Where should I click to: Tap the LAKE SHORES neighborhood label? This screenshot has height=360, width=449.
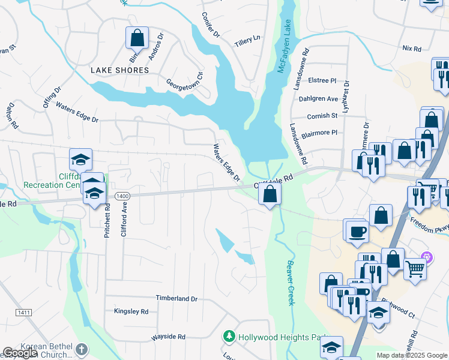(x=119, y=70)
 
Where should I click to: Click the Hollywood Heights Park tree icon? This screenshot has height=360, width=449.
(x=228, y=337)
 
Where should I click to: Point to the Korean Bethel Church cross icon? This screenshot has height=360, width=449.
(x=82, y=349)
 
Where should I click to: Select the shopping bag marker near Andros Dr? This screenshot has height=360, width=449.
(x=137, y=38)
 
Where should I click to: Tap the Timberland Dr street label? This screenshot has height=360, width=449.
(x=176, y=298)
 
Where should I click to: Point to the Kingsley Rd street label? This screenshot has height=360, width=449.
(x=131, y=311)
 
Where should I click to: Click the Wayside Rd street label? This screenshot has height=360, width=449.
(x=168, y=337)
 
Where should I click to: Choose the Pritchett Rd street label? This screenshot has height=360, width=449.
(x=107, y=220)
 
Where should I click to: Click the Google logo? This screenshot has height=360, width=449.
(x=20, y=353)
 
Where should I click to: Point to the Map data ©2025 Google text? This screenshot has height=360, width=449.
(x=411, y=355)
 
